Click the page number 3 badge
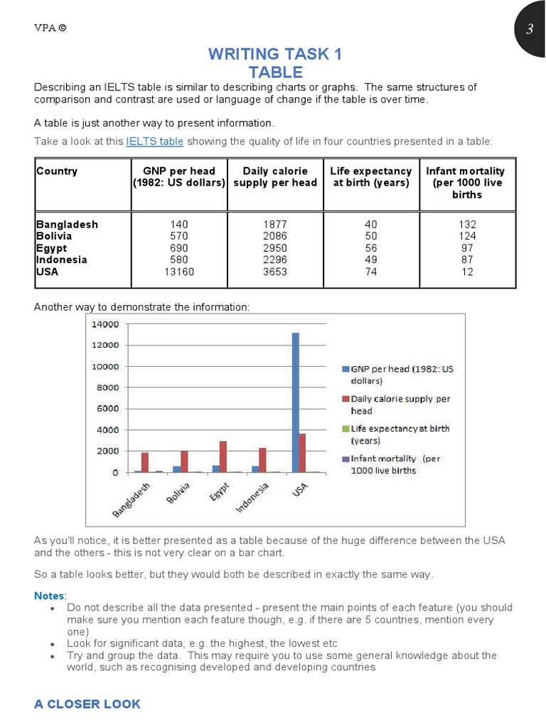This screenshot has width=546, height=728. click(x=529, y=29)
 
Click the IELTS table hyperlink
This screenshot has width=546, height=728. click(x=155, y=141)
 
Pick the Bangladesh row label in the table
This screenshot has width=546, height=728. click(x=68, y=225)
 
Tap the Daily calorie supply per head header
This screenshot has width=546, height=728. click(x=275, y=177)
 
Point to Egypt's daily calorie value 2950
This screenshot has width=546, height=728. click(x=275, y=248)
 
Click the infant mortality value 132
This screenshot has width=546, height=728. click(x=466, y=225)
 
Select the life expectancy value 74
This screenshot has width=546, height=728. click(x=371, y=272)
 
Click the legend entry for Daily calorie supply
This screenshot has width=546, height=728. click(x=400, y=405)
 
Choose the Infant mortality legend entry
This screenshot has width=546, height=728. click(x=395, y=464)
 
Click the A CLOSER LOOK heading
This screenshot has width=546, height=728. click(x=87, y=704)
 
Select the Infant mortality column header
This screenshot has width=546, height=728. click(x=466, y=183)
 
